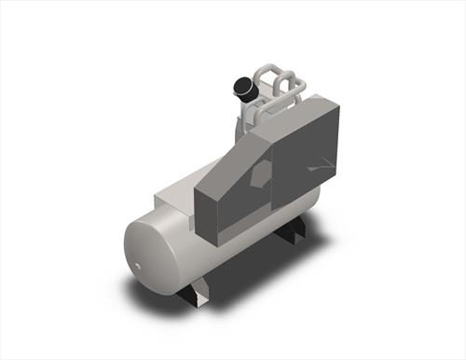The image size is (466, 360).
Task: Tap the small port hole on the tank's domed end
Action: [138, 266]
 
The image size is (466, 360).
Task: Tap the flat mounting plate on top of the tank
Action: [177, 199]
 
